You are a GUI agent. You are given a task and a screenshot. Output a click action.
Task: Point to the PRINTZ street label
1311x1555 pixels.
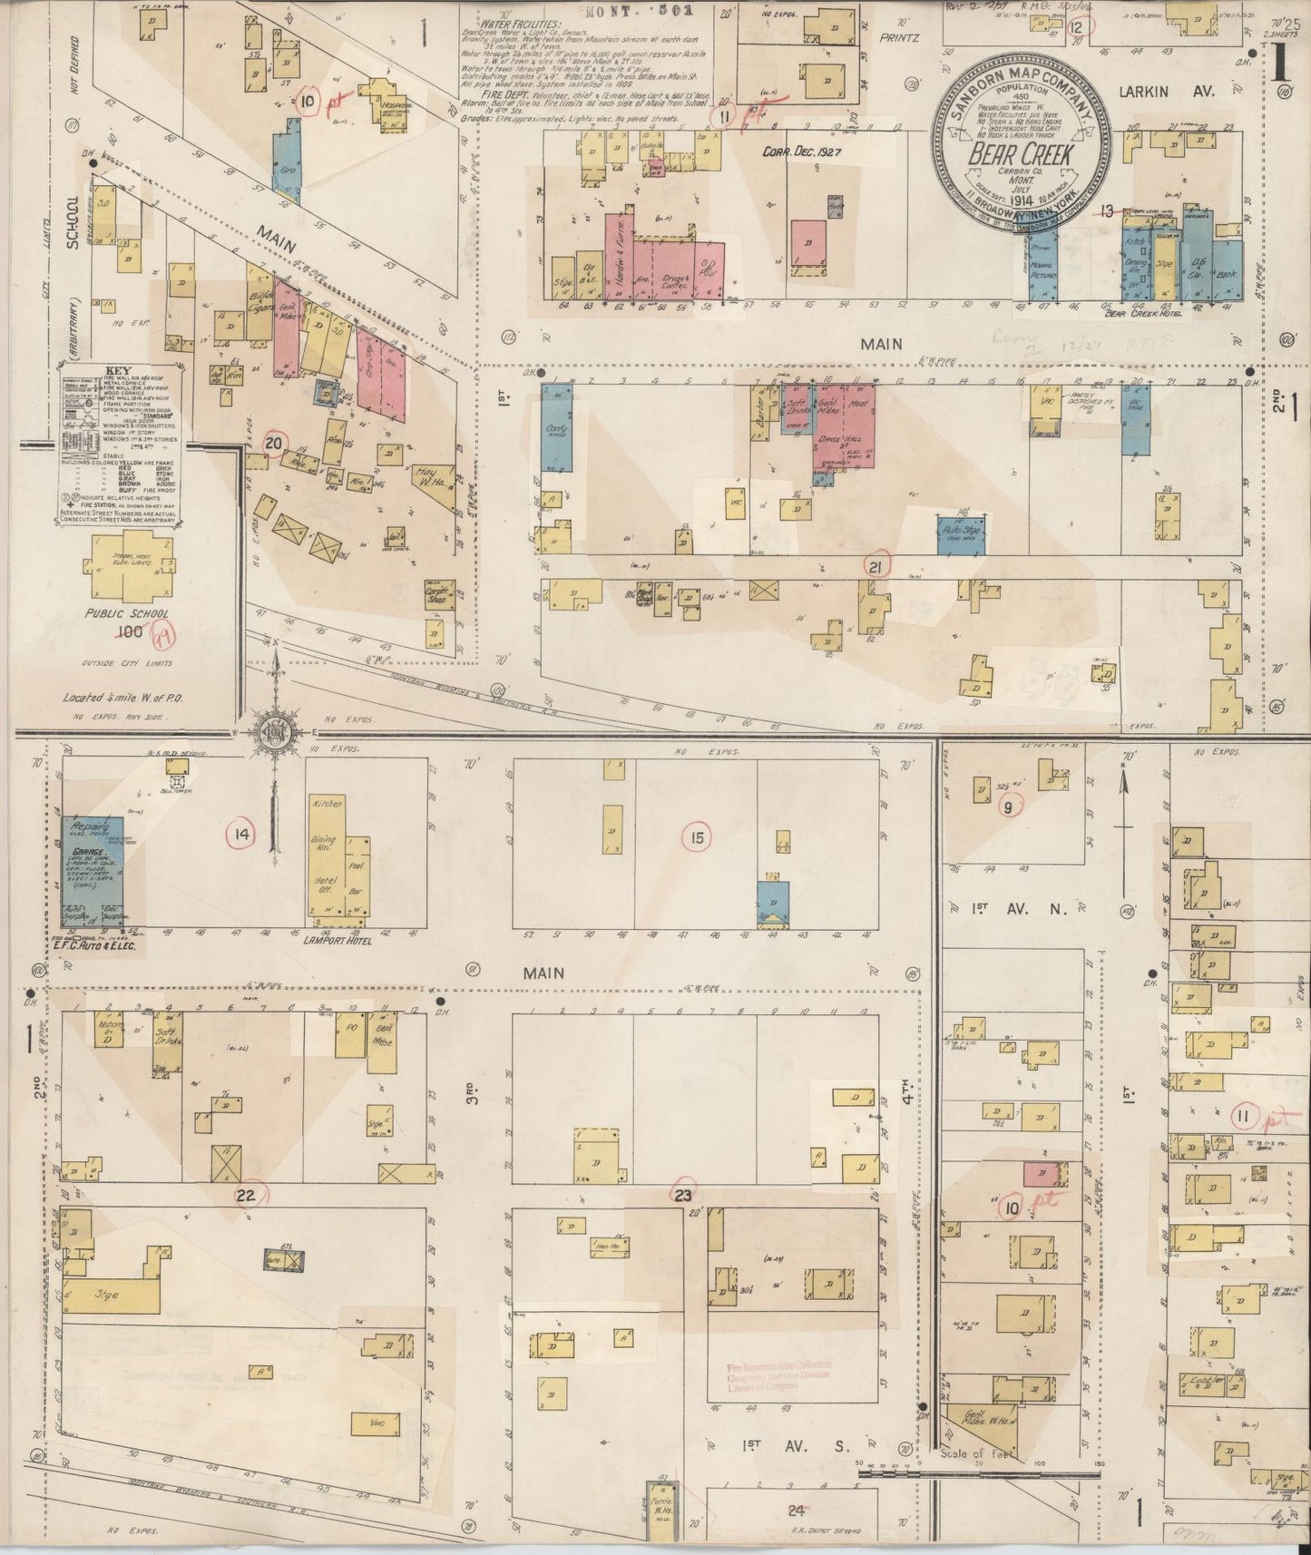898,38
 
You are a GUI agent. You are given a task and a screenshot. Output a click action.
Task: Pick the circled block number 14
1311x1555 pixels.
241,835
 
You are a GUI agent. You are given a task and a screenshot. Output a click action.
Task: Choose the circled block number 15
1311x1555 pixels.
696,837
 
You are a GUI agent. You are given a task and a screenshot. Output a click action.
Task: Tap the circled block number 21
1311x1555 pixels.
876,566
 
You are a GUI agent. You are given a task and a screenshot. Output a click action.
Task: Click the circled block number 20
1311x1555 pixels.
273,443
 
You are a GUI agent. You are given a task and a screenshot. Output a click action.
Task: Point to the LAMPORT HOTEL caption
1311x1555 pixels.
340,941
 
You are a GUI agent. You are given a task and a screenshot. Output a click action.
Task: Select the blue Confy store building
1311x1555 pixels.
555,426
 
